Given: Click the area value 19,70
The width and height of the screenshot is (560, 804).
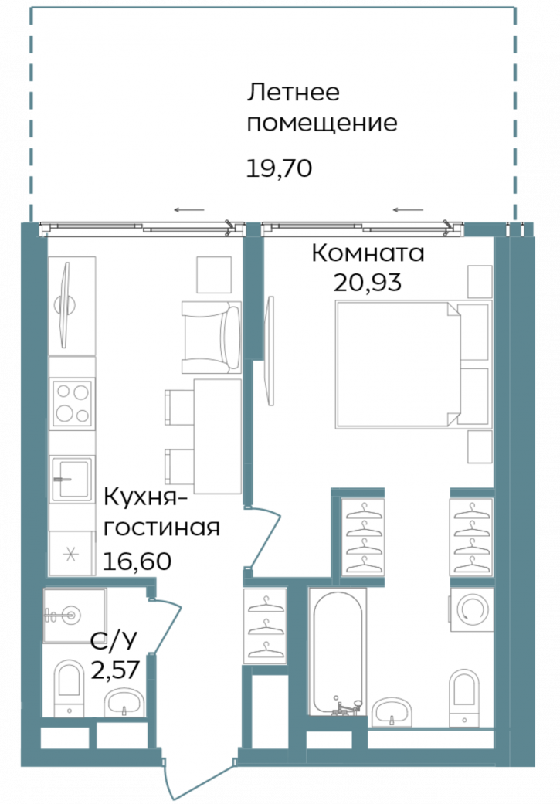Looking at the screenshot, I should coord(279,168).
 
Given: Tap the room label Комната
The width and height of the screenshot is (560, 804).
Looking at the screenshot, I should coord(368,253).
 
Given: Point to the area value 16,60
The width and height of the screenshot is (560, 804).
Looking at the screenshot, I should coord(136,560).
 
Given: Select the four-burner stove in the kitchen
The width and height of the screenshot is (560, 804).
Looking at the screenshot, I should coord(72,404).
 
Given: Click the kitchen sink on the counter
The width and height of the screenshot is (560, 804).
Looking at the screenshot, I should coord(72,479).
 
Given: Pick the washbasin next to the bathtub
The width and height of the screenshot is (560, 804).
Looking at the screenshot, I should coord(394,712).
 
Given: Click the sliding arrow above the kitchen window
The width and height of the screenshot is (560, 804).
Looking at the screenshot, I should coord(189,209).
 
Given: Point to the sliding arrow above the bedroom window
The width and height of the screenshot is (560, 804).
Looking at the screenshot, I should coord(409,209).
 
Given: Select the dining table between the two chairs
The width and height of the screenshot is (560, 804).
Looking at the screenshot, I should coord(218,436).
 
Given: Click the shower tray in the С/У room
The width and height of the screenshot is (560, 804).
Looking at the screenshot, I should coord(73,616).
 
